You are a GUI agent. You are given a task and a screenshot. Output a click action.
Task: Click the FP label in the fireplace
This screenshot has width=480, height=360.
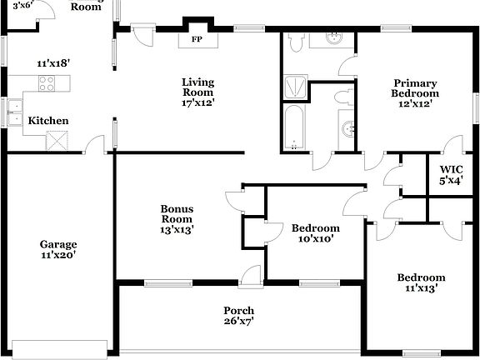(x=197, y=39)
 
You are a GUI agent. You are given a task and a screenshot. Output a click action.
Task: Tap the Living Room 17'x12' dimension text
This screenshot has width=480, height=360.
(x=198, y=102)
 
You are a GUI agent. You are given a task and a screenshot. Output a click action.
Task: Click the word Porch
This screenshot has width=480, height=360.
(x=239, y=310)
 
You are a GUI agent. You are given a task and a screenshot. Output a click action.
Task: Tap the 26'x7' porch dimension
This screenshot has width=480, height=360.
(x=239, y=321)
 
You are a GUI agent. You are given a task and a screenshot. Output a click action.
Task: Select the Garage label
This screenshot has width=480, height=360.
(x=57, y=245)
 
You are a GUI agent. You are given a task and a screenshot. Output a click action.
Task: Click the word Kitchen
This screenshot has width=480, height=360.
(x=48, y=121)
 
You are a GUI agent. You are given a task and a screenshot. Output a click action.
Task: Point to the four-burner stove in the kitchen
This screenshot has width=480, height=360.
(x=47, y=82)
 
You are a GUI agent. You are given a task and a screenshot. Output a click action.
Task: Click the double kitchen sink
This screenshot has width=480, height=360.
(x=14, y=112)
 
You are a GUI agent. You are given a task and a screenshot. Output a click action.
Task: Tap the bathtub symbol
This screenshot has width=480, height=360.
(x=293, y=128)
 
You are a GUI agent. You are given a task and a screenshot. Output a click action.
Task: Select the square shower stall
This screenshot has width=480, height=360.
(x=296, y=86)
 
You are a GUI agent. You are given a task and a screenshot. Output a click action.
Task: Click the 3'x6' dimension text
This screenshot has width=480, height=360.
(x=23, y=5)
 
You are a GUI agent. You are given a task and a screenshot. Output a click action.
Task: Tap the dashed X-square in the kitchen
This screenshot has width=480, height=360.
(x=56, y=142)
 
